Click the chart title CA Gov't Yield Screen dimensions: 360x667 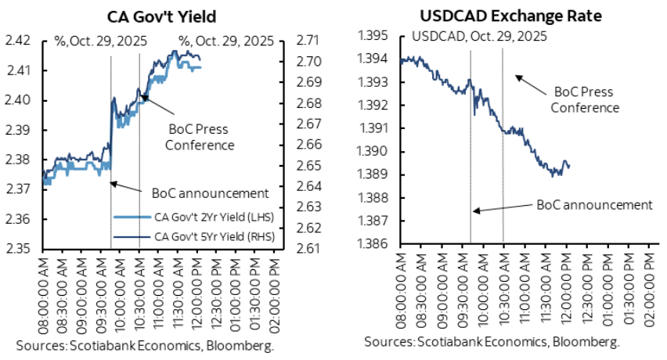(162, 15)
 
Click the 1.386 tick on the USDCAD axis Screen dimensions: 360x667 (374, 244)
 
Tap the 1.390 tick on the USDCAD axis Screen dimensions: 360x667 (374, 152)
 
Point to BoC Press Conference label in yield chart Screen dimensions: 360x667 (201, 137)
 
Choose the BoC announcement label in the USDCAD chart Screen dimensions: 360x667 (594, 204)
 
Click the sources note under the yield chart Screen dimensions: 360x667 (143, 344)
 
